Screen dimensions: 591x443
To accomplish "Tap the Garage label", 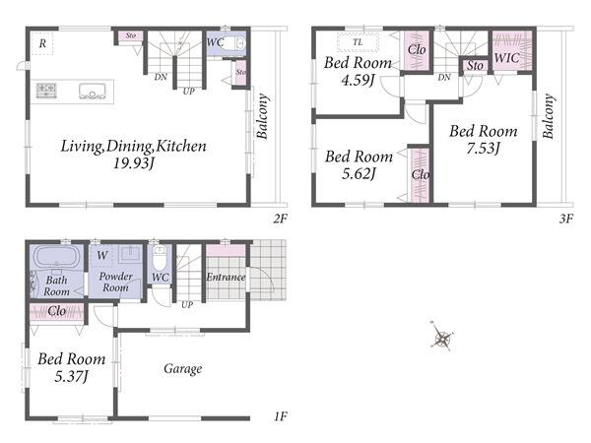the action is coord(183,369).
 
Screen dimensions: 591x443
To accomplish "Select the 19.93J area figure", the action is coord(135,163).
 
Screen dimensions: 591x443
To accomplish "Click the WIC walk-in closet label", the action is coord(506,58).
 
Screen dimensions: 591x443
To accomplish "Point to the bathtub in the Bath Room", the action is coord(57,257).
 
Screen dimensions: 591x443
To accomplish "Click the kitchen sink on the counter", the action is coord(92,92).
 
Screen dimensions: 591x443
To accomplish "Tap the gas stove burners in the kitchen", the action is coord(46,91).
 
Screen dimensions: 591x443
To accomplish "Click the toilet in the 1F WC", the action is coord(160,257).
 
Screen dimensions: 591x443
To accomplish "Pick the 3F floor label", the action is coord(566,219).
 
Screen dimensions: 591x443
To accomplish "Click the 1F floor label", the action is coord(281,416).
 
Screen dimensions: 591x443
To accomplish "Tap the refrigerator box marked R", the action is coord(42,43).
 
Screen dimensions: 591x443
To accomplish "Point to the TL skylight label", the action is coord(358,42).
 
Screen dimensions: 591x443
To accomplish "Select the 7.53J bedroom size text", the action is coord(483,148).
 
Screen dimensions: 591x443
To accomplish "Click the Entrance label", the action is coord(226,278).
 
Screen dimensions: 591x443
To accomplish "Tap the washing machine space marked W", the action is coord(102,256).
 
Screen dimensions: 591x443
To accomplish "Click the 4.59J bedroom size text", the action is coord(358,81).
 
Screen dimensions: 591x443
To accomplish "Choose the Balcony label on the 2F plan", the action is coord(262,116).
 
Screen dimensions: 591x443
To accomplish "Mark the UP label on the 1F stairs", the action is coord(187,304).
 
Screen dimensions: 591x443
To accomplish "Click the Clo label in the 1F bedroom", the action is coord(57,311).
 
